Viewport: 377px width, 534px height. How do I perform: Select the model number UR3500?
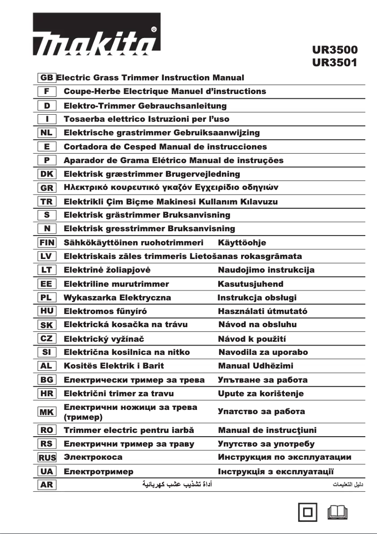click(335, 50)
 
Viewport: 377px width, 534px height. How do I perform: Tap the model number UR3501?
click(335, 62)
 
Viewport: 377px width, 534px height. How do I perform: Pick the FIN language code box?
click(47, 243)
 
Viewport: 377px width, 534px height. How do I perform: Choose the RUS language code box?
click(47, 457)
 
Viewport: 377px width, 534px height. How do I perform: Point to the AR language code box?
click(47, 485)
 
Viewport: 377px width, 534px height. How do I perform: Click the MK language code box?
click(47, 412)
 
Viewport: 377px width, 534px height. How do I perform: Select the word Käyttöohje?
click(242, 243)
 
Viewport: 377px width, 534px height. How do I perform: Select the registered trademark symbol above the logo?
click(154, 29)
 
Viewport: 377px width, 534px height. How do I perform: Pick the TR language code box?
click(47, 202)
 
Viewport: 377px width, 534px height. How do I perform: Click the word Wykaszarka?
click(89, 298)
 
